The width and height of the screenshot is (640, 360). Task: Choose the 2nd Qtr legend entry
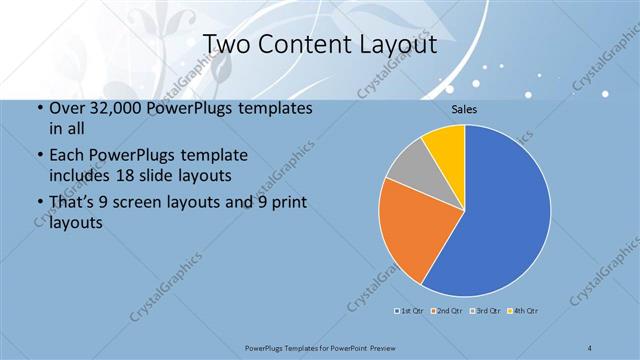coord(448,311)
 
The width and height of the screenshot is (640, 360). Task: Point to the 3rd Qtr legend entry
coord(486,311)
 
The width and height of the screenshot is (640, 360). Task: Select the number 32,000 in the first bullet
coord(108,108)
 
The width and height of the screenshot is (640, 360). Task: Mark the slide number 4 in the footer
coord(590,347)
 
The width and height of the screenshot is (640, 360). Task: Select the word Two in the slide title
coord(226,45)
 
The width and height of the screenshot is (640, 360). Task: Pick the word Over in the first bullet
coord(66,108)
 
